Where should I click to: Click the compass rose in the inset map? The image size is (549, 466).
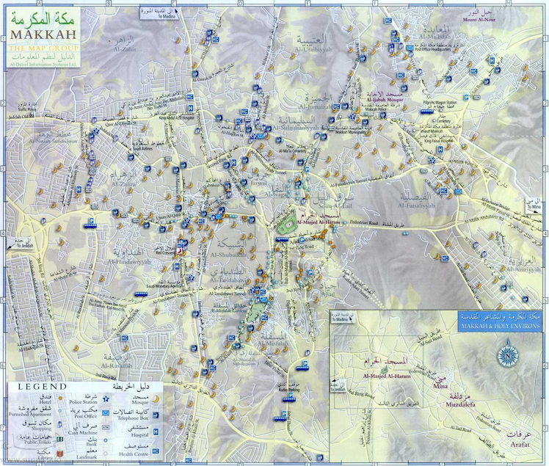pos(506,356)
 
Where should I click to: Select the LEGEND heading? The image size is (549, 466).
pos(43,385)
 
